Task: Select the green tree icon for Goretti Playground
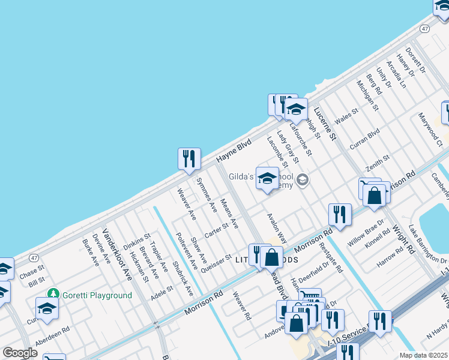point(54,294)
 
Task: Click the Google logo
point(20,353)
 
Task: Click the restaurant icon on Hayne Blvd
point(189,159)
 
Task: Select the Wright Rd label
point(403,239)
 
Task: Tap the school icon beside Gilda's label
point(267,178)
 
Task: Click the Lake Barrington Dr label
point(428,244)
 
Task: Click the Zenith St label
point(378,162)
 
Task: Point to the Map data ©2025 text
point(423,355)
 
